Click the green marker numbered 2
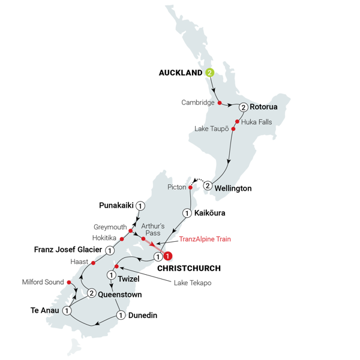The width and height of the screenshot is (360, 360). [x=210, y=73]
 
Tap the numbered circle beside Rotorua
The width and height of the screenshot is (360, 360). [x=243, y=107]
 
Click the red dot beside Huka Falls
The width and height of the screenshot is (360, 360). [x=238, y=121]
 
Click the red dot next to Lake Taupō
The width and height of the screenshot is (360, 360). [x=233, y=129]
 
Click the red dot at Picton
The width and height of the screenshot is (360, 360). [x=190, y=187]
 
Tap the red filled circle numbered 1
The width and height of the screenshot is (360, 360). [x=169, y=256]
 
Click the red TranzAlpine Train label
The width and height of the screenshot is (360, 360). [x=205, y=239]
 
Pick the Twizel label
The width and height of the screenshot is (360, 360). [x=127, y=279]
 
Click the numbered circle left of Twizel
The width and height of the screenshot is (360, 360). [x=111, y=275]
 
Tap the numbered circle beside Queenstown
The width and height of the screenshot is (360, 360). [x=91, y=293]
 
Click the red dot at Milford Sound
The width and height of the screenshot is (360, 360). [x=68, y=281]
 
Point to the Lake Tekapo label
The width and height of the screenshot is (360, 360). [x=193, y=283]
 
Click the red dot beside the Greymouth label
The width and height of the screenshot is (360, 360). [x=130, y=229]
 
